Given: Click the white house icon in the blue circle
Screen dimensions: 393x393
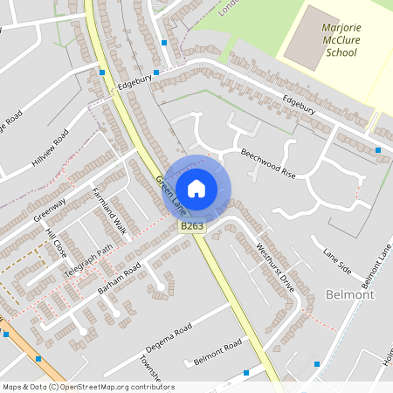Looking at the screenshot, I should point(196,188).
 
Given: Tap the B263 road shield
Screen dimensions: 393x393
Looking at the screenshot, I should point(192,226).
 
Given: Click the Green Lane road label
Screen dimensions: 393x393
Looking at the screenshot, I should point(170,196).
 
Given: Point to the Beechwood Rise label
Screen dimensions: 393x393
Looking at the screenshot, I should point(268,163).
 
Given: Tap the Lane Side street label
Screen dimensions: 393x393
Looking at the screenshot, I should point(336,259).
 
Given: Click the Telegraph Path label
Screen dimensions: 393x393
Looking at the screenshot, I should point(88,261).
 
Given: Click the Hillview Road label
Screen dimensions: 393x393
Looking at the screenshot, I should point(50,149).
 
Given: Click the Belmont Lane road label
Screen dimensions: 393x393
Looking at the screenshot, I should point(375,266).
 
